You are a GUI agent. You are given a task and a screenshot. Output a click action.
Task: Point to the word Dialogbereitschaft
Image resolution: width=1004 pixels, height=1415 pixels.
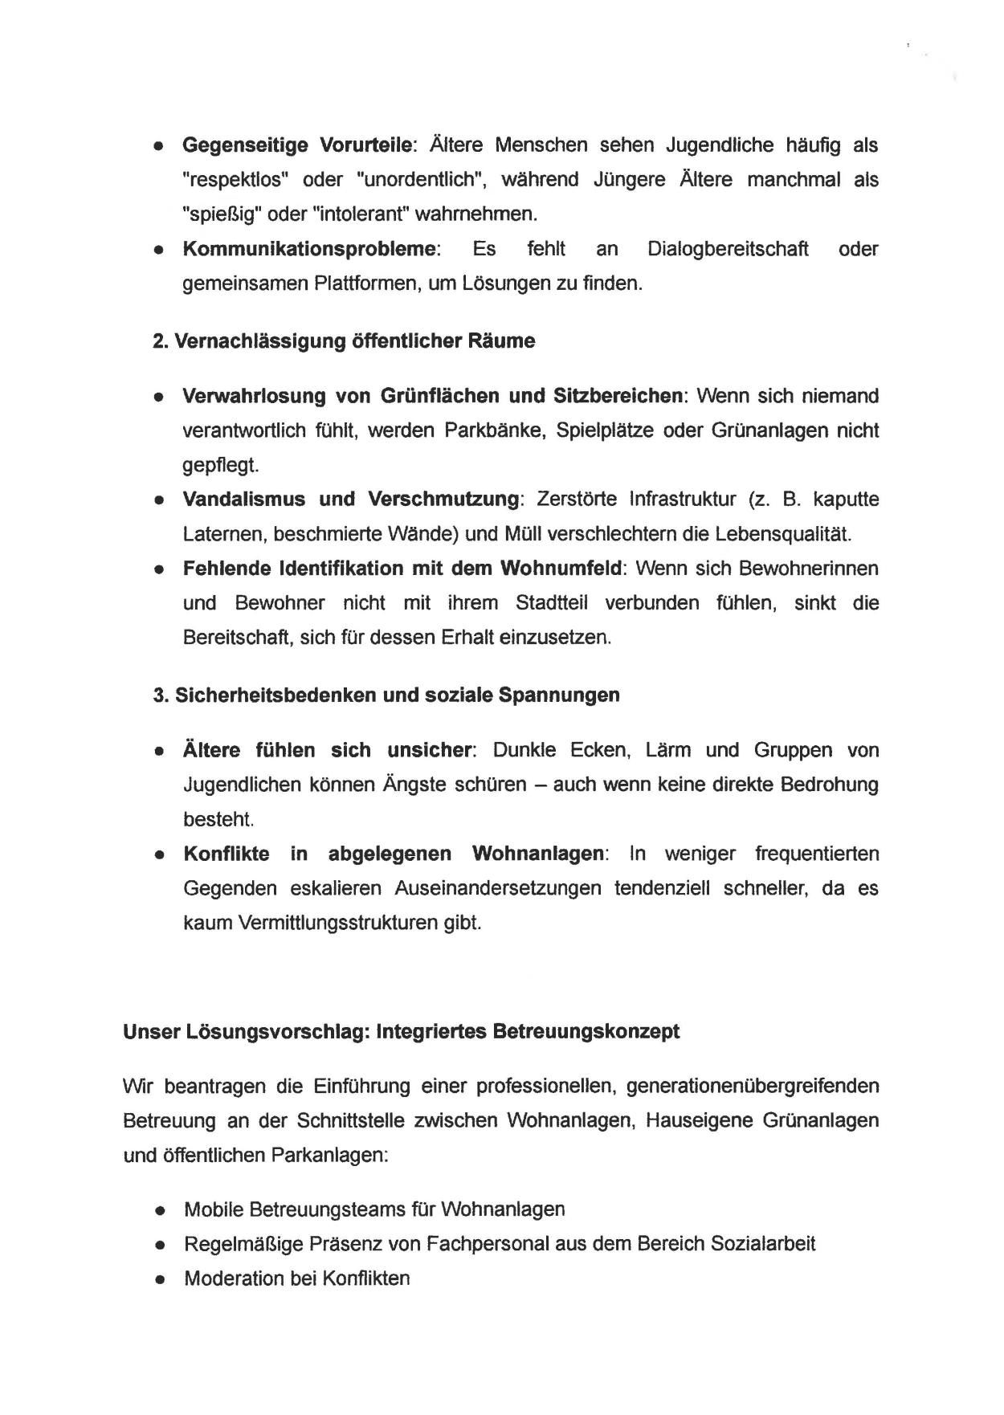point(728,249)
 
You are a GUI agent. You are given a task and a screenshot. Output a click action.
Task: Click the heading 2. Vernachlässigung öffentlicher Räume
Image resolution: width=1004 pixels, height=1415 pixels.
point(344,341)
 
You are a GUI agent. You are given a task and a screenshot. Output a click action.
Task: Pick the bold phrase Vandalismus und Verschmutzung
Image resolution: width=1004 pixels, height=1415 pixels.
point(351,500)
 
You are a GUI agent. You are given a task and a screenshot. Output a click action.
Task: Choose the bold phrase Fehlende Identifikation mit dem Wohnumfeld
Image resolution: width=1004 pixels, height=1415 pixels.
point(403,569)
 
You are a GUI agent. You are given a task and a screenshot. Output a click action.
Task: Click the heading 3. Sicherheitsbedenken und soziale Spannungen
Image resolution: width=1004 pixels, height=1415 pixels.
point(386,695)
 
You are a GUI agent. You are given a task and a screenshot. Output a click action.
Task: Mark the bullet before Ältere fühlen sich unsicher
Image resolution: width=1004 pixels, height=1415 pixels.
point(161,752)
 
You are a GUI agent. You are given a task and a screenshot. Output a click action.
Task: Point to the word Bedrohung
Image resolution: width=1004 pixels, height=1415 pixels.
point(829,785)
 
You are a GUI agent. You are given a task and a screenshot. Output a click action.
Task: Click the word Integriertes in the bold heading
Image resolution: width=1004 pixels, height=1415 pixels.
point(431,1031)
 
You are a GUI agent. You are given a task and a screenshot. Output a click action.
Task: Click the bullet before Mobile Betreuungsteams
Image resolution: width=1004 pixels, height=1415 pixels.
point(161,1210)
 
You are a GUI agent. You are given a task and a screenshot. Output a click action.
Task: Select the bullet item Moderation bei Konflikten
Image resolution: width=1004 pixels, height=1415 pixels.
point(296,1278)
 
